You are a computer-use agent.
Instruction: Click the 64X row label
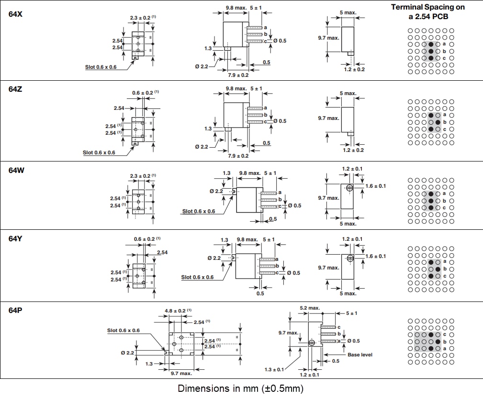tap(15, 14)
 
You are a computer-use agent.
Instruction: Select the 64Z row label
tap(15, 89)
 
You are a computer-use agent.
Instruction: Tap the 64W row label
tap(16, 170)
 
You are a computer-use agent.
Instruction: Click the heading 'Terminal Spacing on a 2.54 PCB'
tap(427, 11)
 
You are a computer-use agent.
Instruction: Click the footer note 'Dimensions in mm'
tap(241, 388)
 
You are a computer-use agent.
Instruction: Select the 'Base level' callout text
tap(359, 355)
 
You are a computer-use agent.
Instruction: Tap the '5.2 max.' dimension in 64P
tap(310, 308)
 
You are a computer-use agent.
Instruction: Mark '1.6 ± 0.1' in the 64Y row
tap(375, 257)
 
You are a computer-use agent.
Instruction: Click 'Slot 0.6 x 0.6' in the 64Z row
tap(99, 153)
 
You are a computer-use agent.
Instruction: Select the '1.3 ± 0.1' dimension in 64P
tap(275, 369)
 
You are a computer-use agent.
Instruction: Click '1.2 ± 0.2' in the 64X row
tap(355, 69)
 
